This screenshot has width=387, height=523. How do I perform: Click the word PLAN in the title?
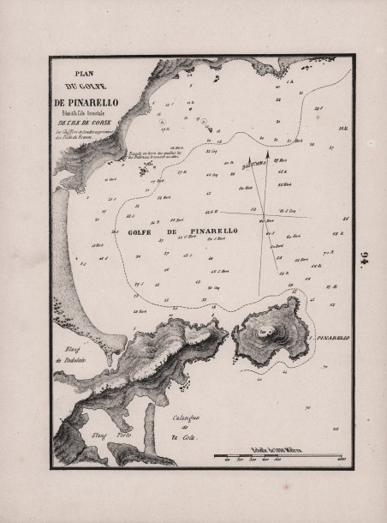tap(86, 75)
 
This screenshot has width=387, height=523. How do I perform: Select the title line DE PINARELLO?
tap(88, 104)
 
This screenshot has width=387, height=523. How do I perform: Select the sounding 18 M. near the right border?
tap(342, 130)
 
